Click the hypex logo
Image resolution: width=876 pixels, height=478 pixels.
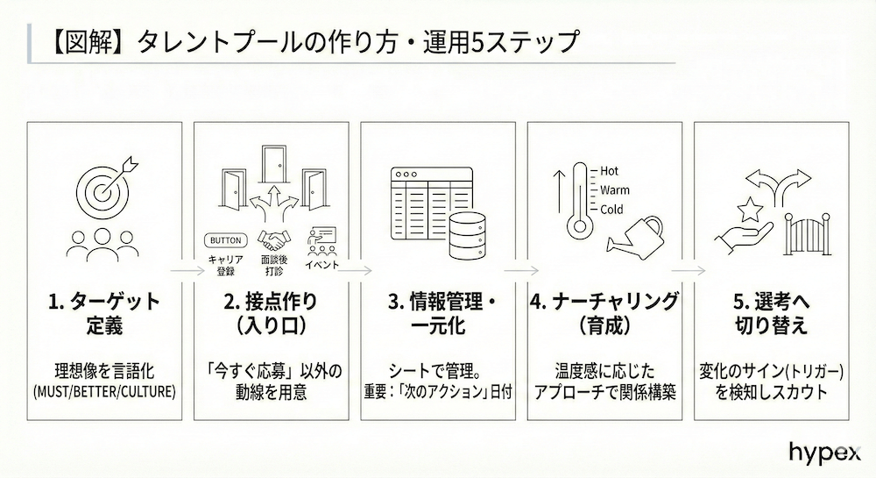[823, 453]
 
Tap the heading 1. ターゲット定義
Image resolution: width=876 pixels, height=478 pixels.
[104, 314]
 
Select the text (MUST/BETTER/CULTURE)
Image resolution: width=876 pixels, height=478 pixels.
[104, 391]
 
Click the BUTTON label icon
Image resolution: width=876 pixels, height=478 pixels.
[223, 240]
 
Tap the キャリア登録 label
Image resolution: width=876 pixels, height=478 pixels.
[223, 266]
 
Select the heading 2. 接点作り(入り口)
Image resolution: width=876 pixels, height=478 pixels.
[271, 314]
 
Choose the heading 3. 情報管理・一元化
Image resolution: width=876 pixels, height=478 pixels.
[438, 314]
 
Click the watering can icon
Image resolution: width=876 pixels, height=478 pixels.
[644, 234]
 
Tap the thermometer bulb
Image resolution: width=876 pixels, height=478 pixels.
[577, 230]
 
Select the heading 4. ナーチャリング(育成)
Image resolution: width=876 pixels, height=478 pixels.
[604, 314]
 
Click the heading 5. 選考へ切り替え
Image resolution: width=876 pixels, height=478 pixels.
[771, 314]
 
